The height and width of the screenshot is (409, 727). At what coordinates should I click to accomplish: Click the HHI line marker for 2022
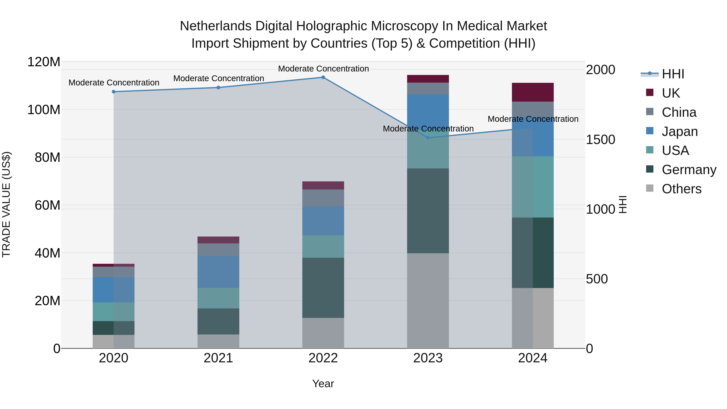[x=323, y=77]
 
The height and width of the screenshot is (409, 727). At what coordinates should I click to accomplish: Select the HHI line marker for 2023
[x=428, y=138]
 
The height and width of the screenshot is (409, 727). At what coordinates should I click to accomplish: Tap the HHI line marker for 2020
[x=113, y=92]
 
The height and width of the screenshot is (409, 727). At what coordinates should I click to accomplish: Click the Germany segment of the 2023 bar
[x=428, y=211]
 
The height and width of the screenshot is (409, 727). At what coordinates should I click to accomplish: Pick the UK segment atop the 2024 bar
[x=533, y=92]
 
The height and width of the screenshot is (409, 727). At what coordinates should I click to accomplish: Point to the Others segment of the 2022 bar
[x=323, y=333]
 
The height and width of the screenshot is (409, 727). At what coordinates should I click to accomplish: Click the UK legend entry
[x=670, y=93]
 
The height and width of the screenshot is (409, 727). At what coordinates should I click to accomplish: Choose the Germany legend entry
[x=689, y=170]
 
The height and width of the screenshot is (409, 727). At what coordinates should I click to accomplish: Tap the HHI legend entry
[x=673, y=74]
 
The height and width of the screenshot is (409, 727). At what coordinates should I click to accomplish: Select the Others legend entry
[x=681, y=189]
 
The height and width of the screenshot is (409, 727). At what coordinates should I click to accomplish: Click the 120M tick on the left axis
[x=44, y=62]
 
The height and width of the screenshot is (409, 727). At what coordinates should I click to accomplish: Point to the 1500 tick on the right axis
[x=601, y=139]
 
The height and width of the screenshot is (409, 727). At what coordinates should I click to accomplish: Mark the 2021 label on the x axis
[x=218, y=358]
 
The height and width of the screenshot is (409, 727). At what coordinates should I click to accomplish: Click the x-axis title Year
[x=323, y=384]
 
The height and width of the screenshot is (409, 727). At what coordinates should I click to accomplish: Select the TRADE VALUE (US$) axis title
[x=6, y=204]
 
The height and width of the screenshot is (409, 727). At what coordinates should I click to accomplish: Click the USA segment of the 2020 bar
[x=113, y=312]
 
